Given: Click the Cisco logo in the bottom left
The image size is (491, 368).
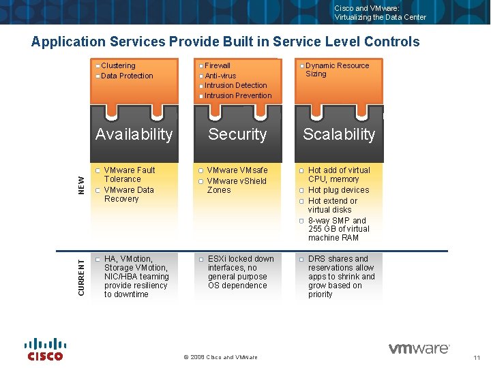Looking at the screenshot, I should coord(45,349).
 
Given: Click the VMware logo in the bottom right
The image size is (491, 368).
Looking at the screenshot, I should coord(419,349).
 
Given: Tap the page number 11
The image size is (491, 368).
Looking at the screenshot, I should coord(477,358).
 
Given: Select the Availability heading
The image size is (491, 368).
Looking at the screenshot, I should coord(134,134).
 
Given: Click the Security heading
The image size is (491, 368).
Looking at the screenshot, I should coord(237,134).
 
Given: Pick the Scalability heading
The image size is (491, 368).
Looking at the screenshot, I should coord(339,134).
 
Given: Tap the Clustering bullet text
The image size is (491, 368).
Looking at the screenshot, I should coord(118,66).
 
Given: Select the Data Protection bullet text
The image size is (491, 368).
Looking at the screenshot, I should coord(127,76).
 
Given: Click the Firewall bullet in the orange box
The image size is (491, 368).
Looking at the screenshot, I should coord(218,66).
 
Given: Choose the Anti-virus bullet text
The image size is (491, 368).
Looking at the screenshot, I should coord(220,76).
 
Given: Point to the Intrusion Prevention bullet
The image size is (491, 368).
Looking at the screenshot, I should coord(238,95).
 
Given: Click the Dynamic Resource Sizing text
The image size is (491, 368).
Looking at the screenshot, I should coord(337,70).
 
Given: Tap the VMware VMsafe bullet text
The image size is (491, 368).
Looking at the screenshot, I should coord(237,170).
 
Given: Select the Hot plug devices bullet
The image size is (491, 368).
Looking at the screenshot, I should coord(338,190).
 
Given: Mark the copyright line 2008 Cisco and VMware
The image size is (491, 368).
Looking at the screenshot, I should coord(221,357).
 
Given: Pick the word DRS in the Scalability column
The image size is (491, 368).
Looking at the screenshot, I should coord(317,259).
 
